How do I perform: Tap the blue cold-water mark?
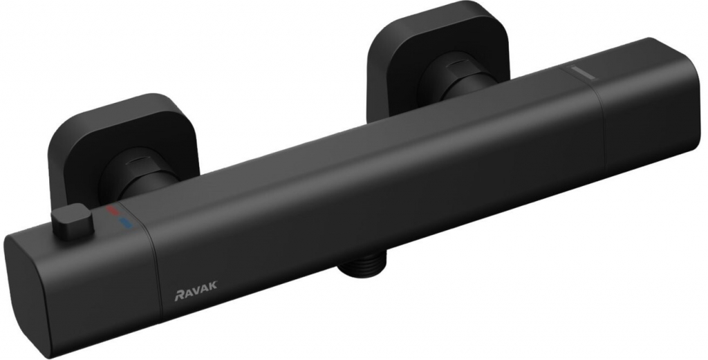point(124,222)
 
